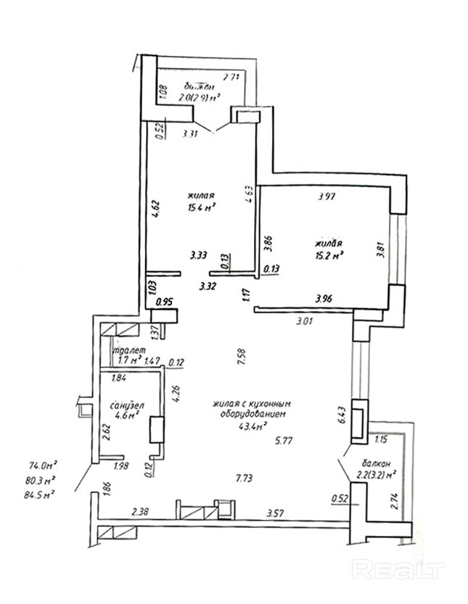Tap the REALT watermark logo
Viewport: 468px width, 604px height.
pos(398,568)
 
